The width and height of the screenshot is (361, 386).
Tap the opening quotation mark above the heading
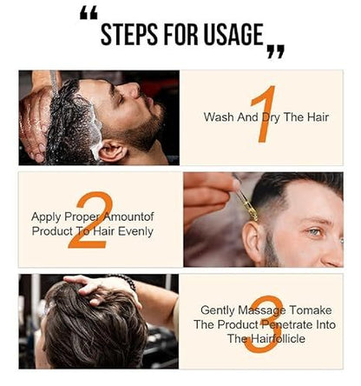(x=88, y=14)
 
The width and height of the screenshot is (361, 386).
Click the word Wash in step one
(x=218, y=116)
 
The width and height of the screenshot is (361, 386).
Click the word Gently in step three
(x=219, y=309)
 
